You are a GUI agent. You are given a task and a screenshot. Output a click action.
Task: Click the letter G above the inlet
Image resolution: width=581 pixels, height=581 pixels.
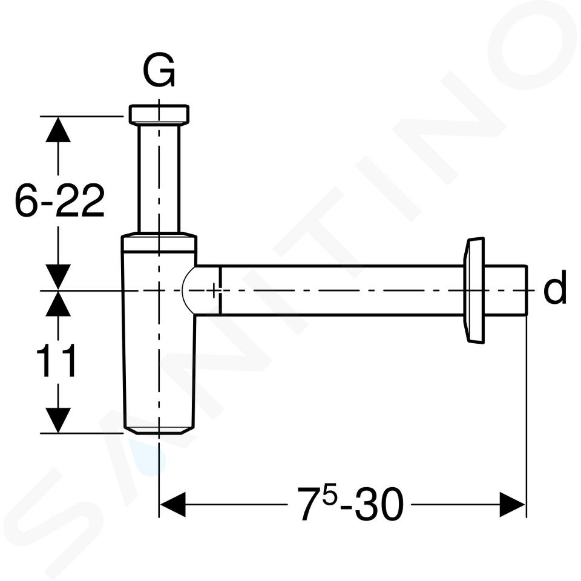pyautogui.click(x=159, y=70)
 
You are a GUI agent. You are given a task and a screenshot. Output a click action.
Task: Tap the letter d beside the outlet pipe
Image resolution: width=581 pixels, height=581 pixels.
pyautogui.click(x=555, y=286)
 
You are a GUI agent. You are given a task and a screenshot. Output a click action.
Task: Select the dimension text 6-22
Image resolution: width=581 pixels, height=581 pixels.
pyautogui.click(x=59, y=200)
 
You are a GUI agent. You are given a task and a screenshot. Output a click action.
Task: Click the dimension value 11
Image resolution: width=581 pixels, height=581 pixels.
pyautogui.click(x=56, y=361)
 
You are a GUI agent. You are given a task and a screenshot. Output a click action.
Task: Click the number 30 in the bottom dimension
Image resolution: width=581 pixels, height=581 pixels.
pyautogui.click(x=379, y=504)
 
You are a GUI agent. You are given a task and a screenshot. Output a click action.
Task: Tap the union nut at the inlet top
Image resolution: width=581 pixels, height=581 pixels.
pyautogui.click(x=159, y=114)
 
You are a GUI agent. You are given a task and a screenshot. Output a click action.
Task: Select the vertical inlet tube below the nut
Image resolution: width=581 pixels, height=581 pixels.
pyautogui.click(x=159, y=179)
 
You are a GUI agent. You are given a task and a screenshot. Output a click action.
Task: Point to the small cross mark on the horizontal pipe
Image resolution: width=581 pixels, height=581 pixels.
pyautogui.click(x=214, y=290)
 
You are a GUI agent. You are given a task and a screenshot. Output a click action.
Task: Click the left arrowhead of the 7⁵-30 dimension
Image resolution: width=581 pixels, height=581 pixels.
pyautogui.click(x=172, y=504)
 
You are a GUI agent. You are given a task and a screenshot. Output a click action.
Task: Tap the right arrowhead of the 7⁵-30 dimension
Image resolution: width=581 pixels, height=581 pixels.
pyautogui.click(x=513, y=504)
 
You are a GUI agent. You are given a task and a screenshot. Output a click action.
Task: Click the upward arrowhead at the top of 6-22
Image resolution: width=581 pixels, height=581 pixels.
pyautogui.click(x=58, y=129)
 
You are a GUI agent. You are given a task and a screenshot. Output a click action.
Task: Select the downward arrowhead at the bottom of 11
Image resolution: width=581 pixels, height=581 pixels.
pyautogui.click(x=58, y=420)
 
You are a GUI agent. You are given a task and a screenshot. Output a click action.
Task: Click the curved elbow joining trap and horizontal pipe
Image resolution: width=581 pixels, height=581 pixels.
pyautogui.click(x=189, y=290)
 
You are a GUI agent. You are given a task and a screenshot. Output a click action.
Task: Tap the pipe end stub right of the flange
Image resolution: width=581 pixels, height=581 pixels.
pyautogui.click(x=505, y=290)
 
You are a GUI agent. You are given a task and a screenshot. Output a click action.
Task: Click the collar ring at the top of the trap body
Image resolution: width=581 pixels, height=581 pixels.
pyautogui.click(x=159, y=242)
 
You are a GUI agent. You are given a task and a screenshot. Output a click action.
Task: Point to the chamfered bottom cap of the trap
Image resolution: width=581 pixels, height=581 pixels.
pyautogui.click(x=159, y=431)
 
